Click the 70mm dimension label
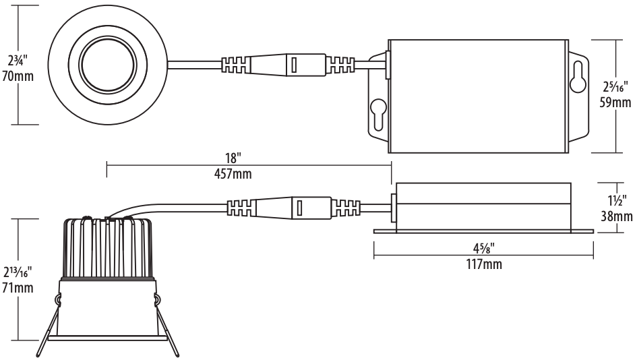17,76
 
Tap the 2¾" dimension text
17,59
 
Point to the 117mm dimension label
483,263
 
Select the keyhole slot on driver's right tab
578,80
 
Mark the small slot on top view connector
294,65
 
